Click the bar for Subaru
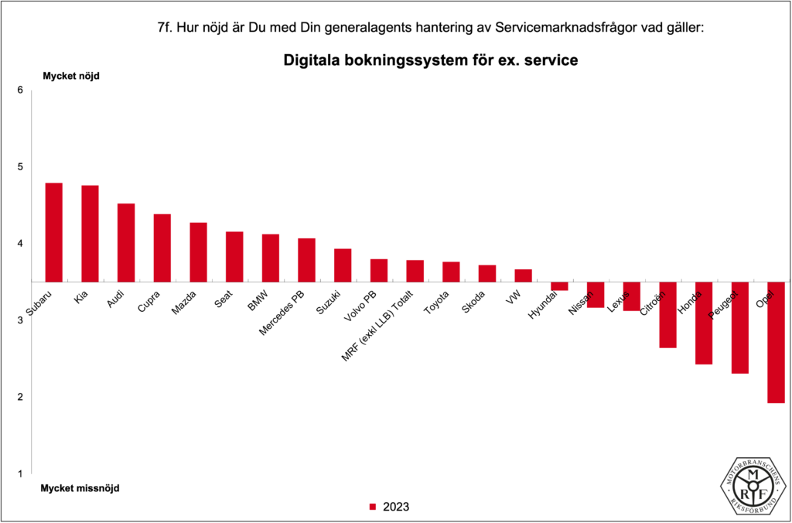coord(53,232)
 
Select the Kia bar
coord(90,234)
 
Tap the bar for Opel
coord(776,342)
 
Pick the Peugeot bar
coord(740,327)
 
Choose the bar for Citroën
coord(667,314)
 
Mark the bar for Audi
coord(126,242)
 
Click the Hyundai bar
coord(559,286)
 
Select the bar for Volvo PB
coord(379,270)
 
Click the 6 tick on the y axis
coord(20,91)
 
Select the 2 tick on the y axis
coord(20,397)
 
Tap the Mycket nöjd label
coord(70,76)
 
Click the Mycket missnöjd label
coord(80,488)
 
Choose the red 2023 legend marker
coord(372,508)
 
